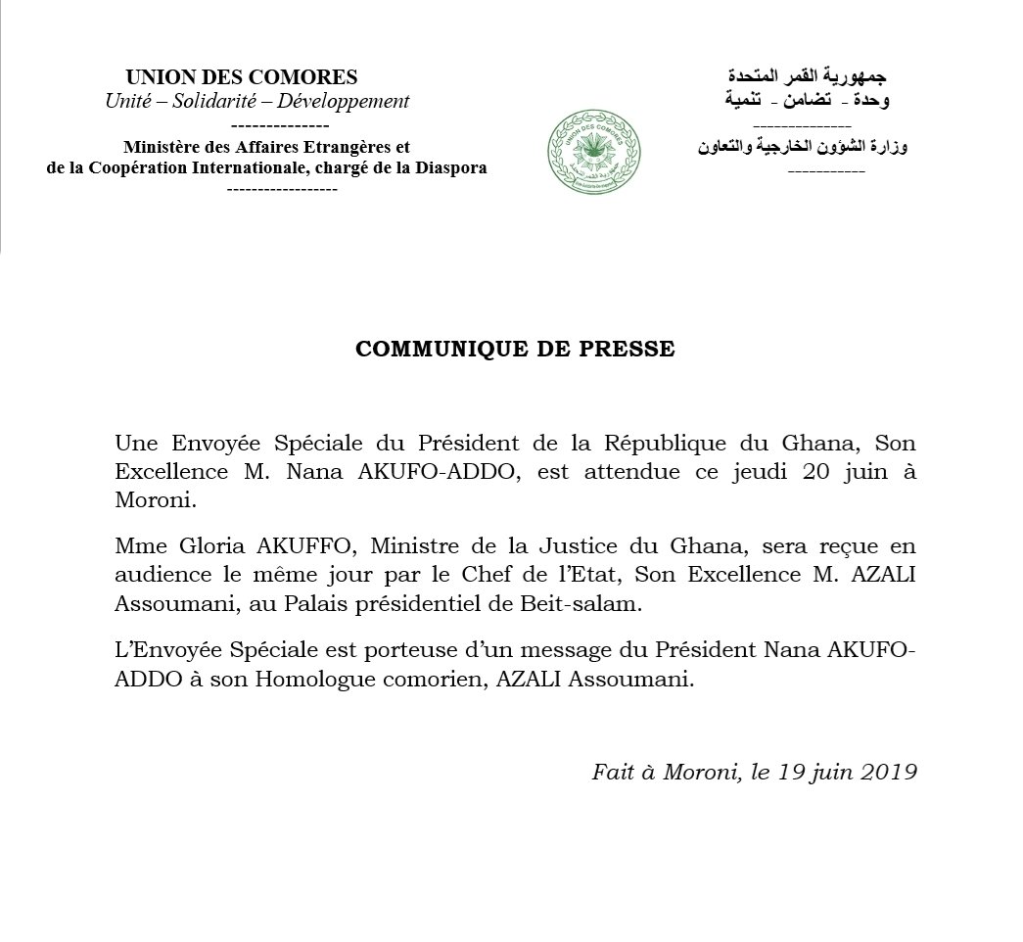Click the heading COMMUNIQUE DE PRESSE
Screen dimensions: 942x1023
[x=515, y=350]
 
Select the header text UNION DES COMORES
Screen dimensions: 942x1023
[x=242, y=77]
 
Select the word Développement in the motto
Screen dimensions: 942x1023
[x=347, y=101]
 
